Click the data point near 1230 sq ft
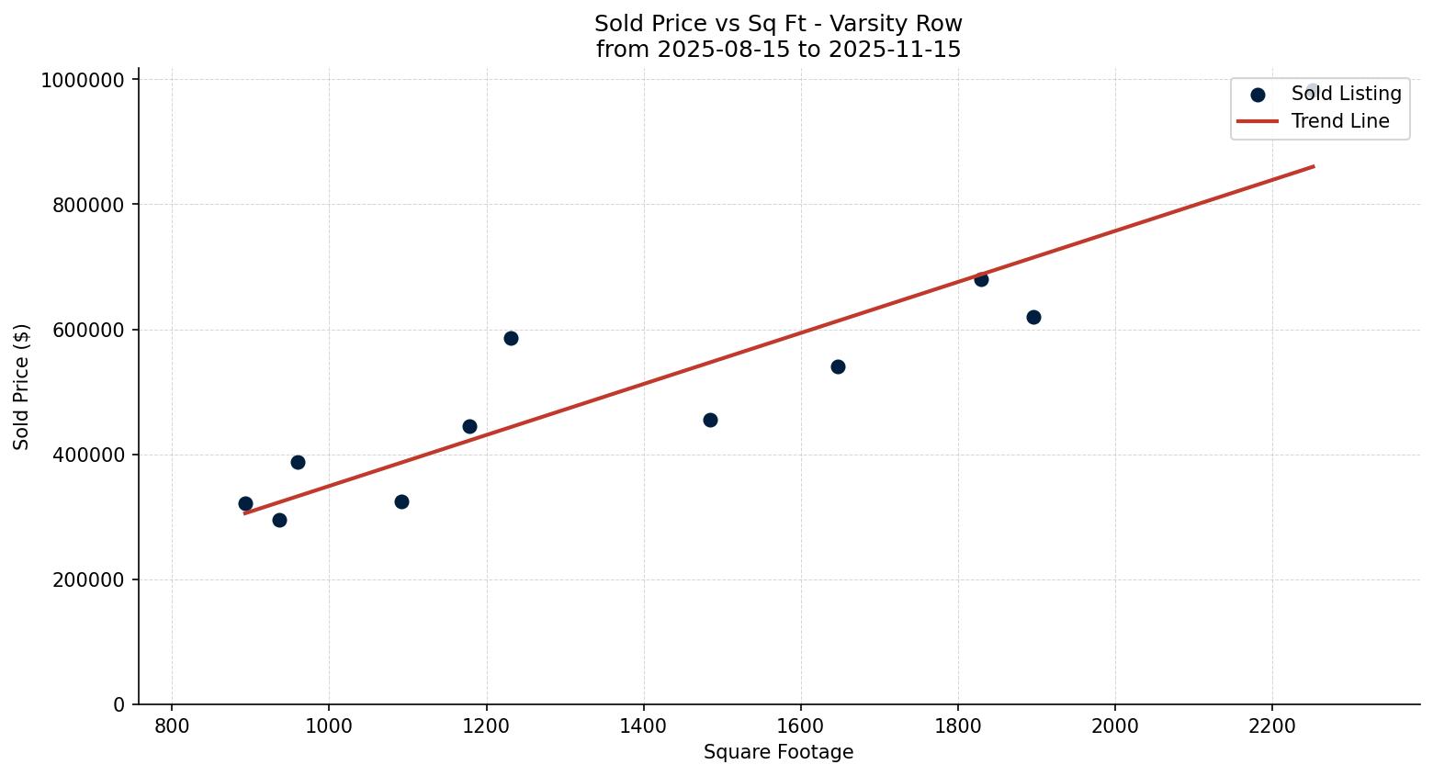coord(511,338)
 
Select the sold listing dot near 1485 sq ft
coord(710,420)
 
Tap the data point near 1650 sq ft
coord(838,366)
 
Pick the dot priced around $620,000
coord(1033,317)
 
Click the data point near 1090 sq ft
coord(401,501)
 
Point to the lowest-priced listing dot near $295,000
coord(279,520)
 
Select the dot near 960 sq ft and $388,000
coord(298,462)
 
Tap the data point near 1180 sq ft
coord(469,426)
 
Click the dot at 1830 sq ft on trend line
coord(981,279)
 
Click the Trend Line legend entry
coord(1339,121)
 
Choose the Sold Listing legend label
coord(1346,94)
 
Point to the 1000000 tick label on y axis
coord(83,81)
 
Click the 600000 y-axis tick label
coord(88,331)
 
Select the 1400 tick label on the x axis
coord(643,725)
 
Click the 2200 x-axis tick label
coord(1272,725)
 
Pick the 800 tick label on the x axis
coord(172,725)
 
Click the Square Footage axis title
coord(778,753)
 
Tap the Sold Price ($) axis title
coord(22,387)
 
